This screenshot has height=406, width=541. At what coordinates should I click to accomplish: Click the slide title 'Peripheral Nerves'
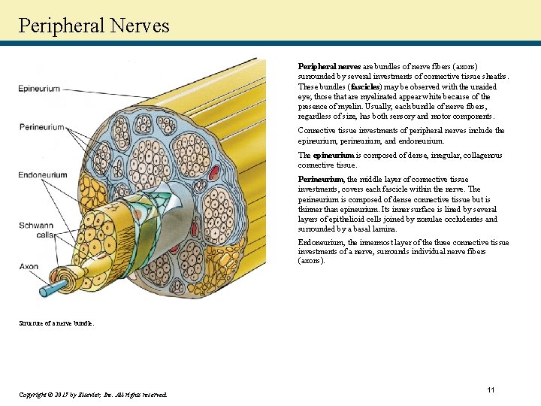pyautogui.click(x=94, y=26)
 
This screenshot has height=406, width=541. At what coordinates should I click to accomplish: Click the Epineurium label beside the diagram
pyautogui.click(x=39, y=89)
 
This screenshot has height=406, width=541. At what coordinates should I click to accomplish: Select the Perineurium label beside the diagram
pyautogui.click(x=41, y=127)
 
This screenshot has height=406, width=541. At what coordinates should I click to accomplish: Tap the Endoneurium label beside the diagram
pyautogui.click(x=43, y=175)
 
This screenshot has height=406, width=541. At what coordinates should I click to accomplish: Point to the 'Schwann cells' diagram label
pyautogui.click(x=35, y=230)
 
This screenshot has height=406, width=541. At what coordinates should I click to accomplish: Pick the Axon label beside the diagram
pyautogui.click(x=29, y=266)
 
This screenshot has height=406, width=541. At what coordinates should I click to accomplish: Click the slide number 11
pyautogui.click(x=491, y=389)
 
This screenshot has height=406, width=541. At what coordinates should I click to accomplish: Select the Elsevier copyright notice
pyautogui.click(x=93, y=394)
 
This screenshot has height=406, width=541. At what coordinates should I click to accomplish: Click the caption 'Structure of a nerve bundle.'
pyautogui.click(x=56, y=323)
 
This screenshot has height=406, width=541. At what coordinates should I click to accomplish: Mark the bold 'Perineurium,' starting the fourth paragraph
pyautogui.click(x=322, y=180)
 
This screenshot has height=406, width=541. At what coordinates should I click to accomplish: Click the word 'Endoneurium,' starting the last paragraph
pyautogui.click(x=322, y=242)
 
